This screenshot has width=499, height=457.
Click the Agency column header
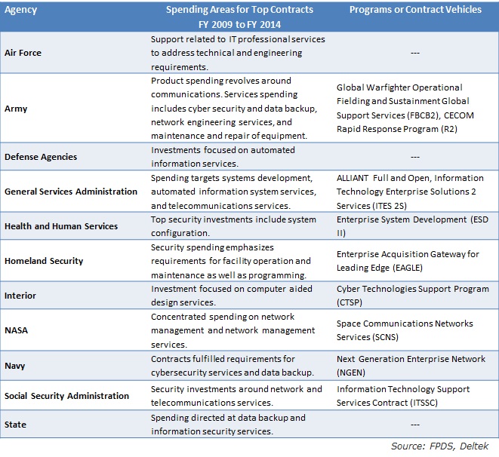click(20, 10)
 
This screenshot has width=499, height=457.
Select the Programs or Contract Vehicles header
click(415, 10)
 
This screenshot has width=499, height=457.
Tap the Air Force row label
click(23, 53)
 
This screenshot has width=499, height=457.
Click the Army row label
click(16, 109)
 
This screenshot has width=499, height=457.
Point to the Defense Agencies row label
click(41, 157)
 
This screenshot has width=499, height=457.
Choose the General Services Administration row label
click(71, 192)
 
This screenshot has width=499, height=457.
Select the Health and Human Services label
click(61, 226)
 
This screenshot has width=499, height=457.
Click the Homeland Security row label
click(44, 261)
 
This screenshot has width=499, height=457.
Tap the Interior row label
click(20, 296)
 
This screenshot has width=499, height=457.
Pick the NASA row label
click(16, 330)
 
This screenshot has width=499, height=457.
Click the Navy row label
click(14, 366)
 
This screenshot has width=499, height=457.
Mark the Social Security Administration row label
click(67, 396)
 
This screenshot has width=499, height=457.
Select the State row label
click(15, 425)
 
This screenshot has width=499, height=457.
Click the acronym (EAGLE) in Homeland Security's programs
click(408, 268)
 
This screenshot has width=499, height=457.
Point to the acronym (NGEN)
click(351, 373)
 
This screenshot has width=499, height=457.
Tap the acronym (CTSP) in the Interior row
click(350, 302)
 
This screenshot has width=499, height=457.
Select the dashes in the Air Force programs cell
click(415, 53)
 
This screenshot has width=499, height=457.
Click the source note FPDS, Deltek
click(459, 446)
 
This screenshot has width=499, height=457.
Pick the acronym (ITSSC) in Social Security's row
click(424, 403)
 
